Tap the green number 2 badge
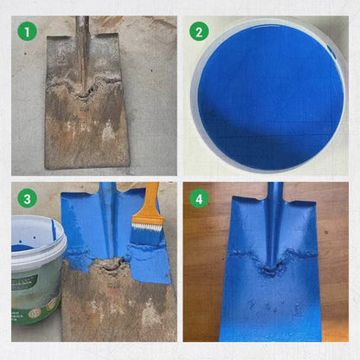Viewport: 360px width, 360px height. tap(201, 32)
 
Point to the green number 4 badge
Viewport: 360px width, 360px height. tap(201, 199)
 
